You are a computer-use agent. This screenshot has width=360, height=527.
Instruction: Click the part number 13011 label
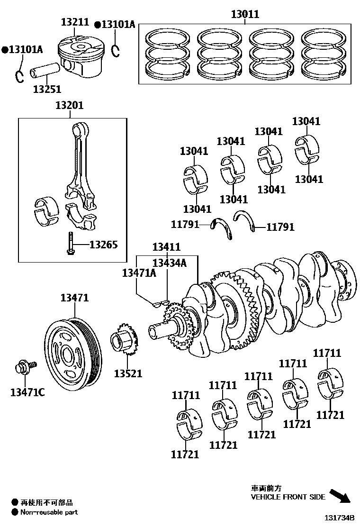[245, 14]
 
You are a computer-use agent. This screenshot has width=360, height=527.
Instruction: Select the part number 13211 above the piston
[74, 22]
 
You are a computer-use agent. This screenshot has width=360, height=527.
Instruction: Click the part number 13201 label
[69, 105]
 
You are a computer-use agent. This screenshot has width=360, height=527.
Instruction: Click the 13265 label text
[103, 245]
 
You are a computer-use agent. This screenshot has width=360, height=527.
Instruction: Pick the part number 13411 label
[166, 247]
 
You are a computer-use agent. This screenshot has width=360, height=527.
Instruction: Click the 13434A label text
[169, 263]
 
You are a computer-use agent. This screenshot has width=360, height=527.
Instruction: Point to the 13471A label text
[139, 273]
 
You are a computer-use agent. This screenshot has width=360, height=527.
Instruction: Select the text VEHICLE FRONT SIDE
[288, 497]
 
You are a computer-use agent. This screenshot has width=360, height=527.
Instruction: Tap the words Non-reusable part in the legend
[49, 512]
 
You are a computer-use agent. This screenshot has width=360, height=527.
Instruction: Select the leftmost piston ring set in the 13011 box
[168, 53]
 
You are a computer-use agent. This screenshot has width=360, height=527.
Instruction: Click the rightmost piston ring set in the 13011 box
[324, 53]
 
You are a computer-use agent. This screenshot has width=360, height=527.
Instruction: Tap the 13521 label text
[127, 373]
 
